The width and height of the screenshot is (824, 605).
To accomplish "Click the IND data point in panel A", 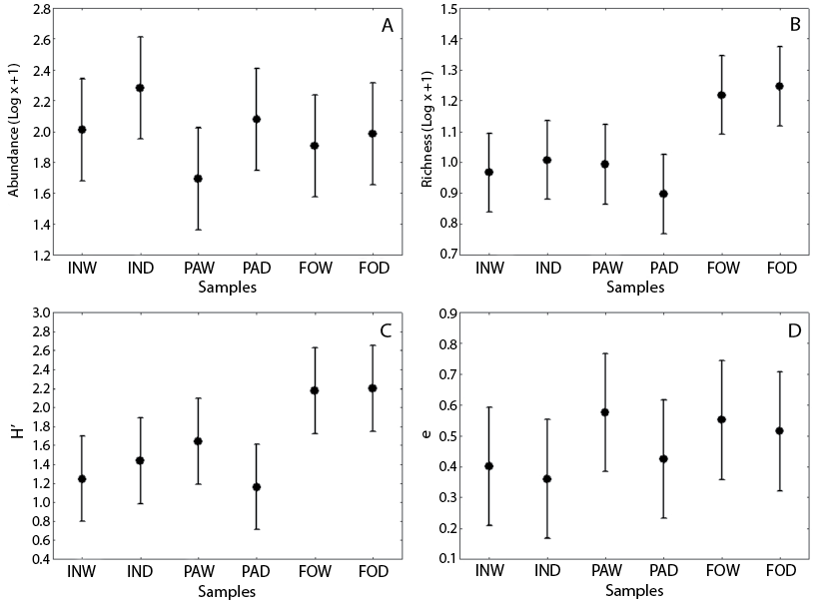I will (x=140, y=88).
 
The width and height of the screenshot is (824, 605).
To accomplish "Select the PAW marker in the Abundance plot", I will (x=198, y=179).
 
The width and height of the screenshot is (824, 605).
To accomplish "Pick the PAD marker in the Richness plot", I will (x=663, y=194).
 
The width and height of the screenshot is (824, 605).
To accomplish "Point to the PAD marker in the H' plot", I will (x=257, y=487).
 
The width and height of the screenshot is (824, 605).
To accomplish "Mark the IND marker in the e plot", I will (x=546, y=479).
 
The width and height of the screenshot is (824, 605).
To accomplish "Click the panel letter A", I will (x=387, y=26).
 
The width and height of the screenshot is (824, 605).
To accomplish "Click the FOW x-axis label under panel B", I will (x=721, y=269).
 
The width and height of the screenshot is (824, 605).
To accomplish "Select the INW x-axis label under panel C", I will (x=82, y=573).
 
